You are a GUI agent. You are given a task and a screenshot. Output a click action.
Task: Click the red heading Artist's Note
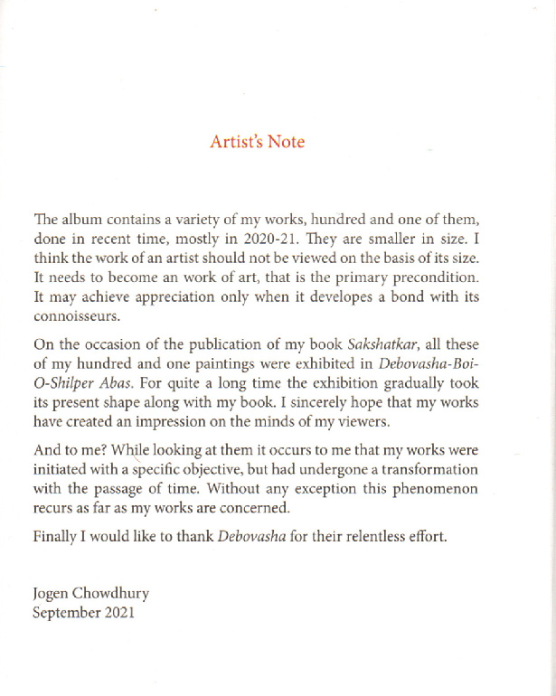point(258,142)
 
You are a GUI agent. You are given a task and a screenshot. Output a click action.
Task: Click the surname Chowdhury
point(115,593)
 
